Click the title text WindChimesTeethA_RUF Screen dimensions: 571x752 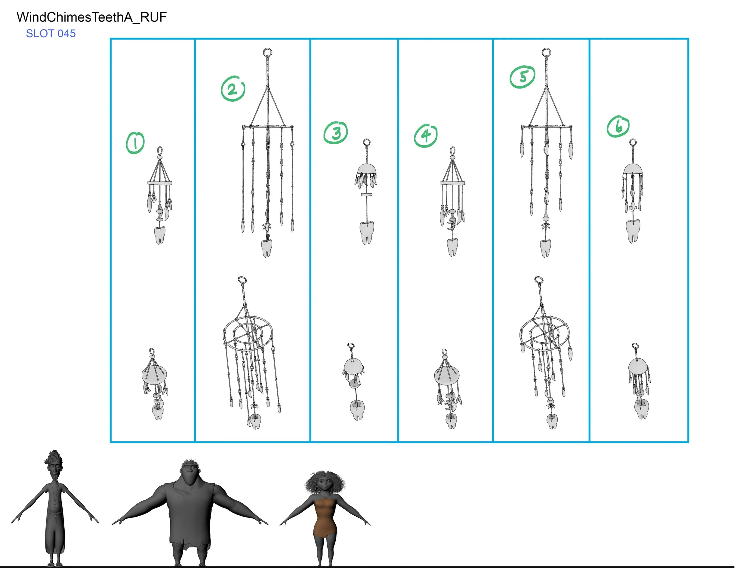coord(91,17)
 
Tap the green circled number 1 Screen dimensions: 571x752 coord(135,143)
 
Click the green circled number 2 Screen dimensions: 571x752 coord(233,89)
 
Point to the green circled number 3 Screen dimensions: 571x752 coord(336,133)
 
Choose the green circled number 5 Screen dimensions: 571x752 coord(522,77)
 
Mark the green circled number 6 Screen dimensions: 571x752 coord(618,126)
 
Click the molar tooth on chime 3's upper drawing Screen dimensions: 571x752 coord(366,232)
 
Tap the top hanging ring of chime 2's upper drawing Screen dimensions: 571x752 coord(267,53)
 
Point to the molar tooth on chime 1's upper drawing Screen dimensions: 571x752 coord(159,235)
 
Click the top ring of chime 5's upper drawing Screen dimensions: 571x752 coord(546,53)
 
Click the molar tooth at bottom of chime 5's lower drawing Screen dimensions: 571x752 coord(552,422)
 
